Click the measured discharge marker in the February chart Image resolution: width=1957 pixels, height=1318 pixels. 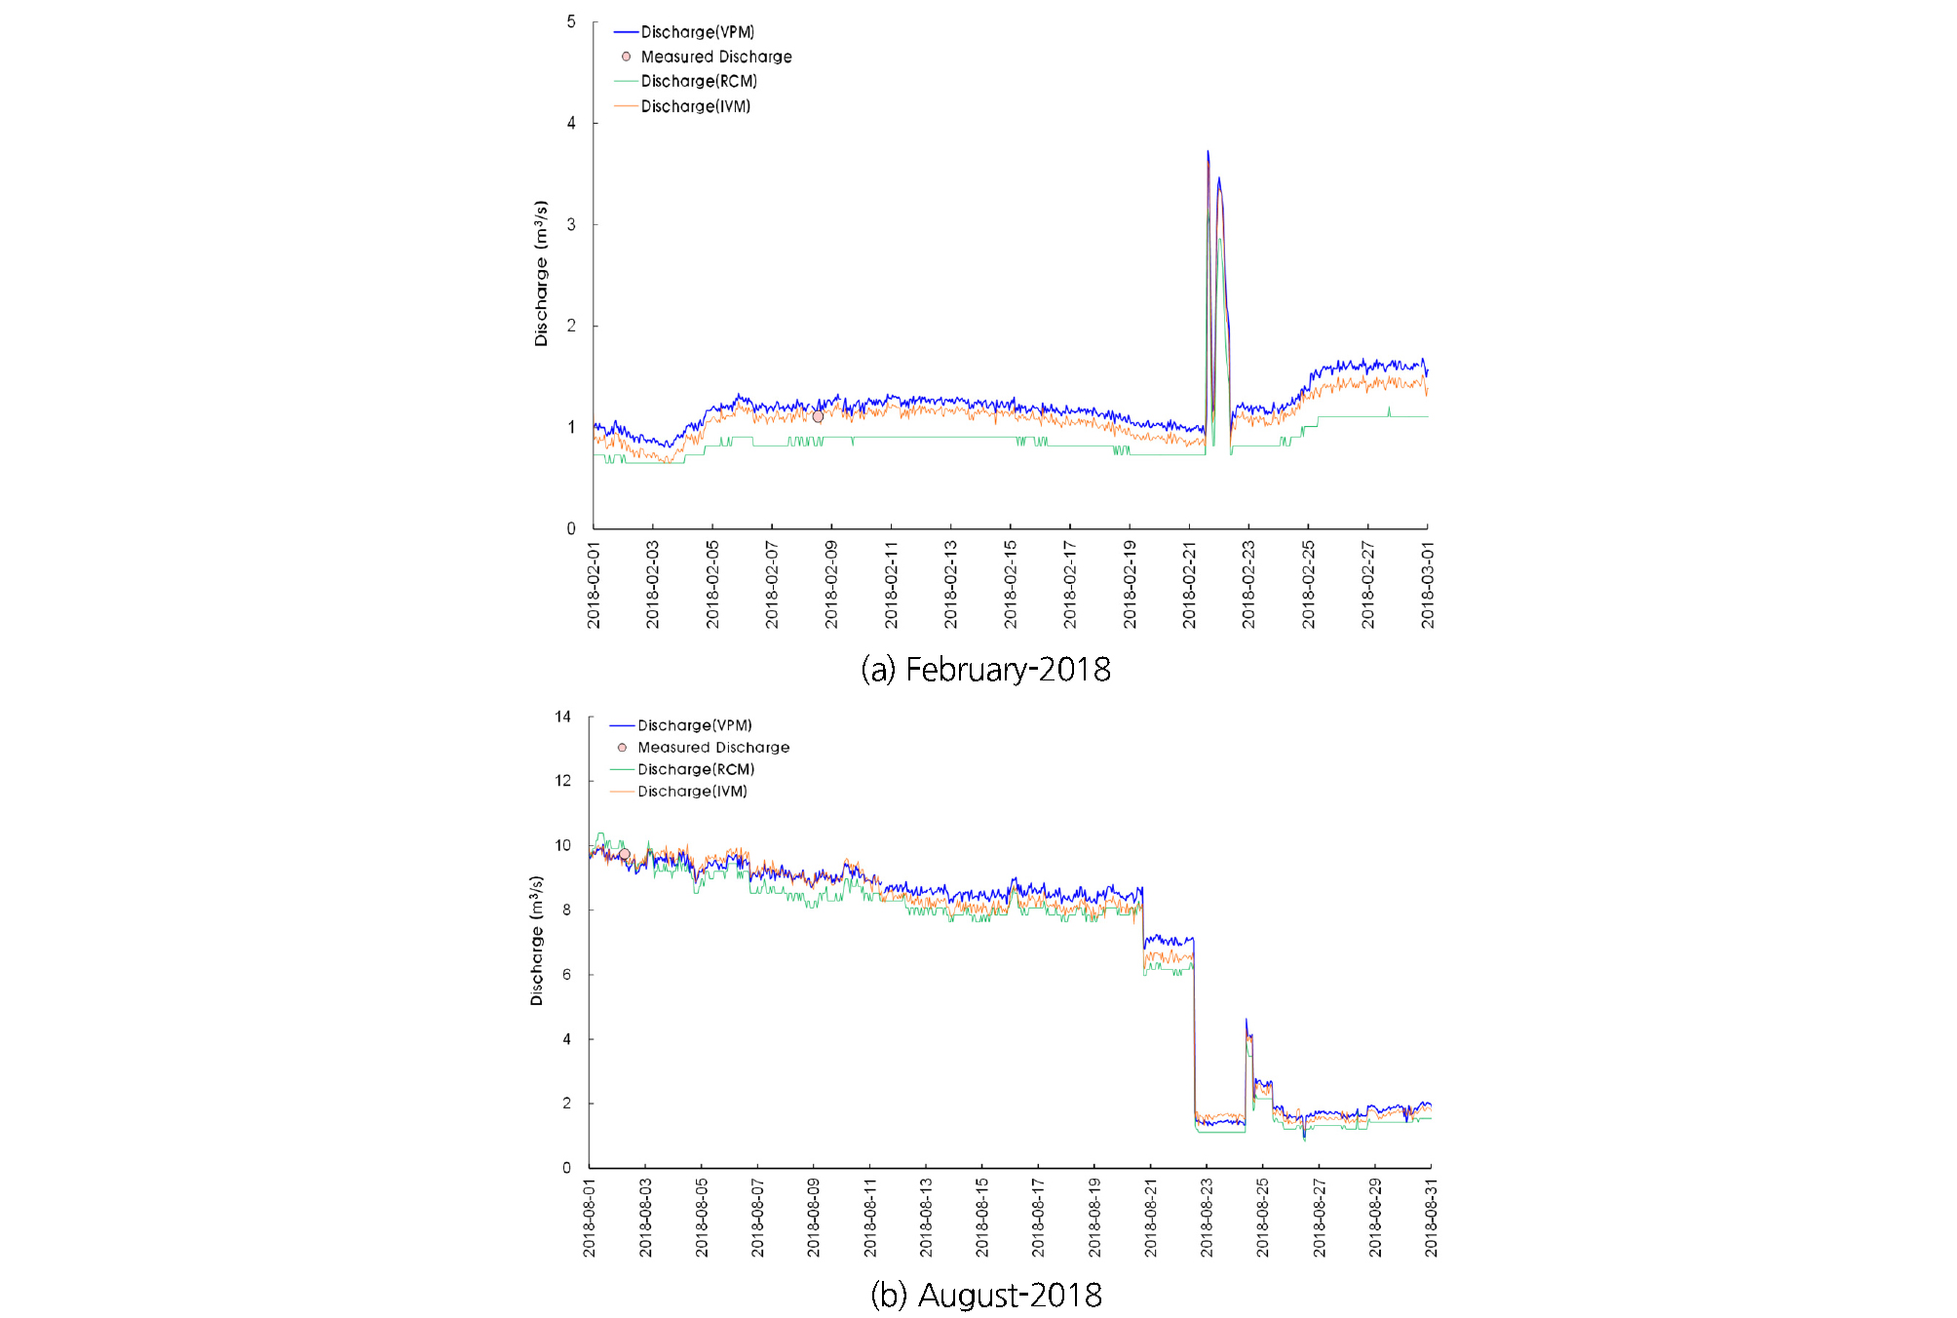[818, 416]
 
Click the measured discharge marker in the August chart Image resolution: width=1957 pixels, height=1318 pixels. [625, 855]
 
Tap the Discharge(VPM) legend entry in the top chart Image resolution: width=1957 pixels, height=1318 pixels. [697, 32]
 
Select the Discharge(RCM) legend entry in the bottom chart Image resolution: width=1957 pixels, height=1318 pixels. [695, 769]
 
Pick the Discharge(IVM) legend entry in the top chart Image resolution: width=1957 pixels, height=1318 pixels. [695, 106]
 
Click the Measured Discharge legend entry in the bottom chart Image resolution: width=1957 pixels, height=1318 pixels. [712, 748]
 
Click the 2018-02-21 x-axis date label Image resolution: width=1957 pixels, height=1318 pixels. [1189, 585]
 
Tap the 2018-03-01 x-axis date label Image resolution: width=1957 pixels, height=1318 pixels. [1428, 585]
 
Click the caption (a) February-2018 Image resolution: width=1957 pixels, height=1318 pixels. [985, 670]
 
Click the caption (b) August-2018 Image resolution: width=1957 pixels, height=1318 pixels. [985, 1295]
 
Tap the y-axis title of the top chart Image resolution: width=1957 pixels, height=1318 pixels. [541, 274]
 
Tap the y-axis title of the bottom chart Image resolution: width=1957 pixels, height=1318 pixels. [537, 941]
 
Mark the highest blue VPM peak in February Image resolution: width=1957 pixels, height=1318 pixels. [1208, 152]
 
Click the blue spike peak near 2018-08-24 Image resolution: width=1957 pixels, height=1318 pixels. [1247, 1020]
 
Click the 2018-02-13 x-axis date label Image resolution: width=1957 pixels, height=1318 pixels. [951, 585]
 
